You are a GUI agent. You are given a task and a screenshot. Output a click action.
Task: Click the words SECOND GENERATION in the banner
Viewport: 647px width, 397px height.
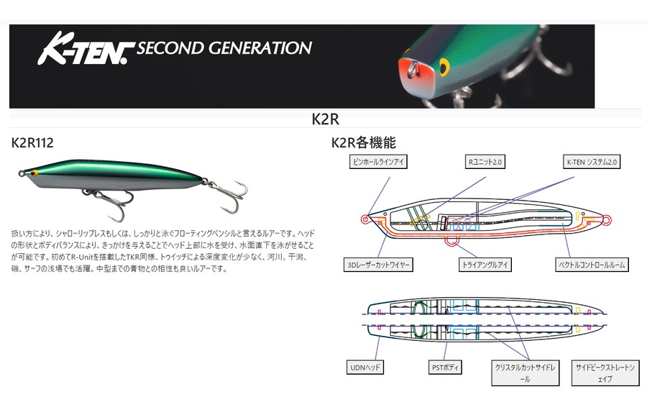(224, 48)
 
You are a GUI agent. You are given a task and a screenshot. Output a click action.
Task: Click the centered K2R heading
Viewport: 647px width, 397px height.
(325, 119)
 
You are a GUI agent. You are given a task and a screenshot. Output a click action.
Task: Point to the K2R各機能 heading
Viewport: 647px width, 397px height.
(363, 143)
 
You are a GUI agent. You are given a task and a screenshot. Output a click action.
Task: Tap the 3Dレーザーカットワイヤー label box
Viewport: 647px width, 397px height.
(378, 265)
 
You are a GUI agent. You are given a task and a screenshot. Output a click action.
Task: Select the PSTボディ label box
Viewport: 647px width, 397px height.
(439, 368)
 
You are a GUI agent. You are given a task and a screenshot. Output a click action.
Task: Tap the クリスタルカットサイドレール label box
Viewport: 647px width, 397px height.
(525, 373)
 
